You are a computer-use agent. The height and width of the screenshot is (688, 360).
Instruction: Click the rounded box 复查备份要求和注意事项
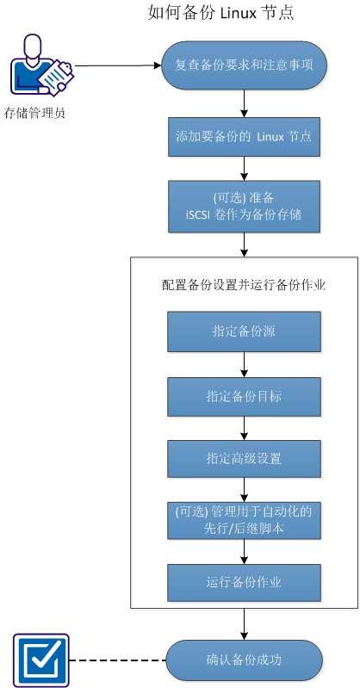pyautogui.click(x=244, y=65)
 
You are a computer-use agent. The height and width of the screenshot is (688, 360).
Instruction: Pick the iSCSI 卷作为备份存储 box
pyautogui.click(x=244, y=207)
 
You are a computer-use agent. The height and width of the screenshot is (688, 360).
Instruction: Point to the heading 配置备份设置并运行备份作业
pyautogui.click(x=244, y=285)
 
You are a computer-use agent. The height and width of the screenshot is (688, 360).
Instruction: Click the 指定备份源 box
pyautogui.click(x=244, y=332)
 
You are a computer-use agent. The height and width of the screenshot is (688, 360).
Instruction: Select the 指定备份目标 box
pyautogui.click(x=244, y=396)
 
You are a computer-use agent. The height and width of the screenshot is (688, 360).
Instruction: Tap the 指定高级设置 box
pyautogui.click(x=244, y=459)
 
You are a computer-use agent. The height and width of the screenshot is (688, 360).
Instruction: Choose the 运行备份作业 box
pyautogui.click(x=244, y=583)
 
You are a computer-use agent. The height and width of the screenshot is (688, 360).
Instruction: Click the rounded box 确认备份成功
pyautogui.click(x=244, y=661)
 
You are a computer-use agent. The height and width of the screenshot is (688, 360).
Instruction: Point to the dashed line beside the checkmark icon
pyautogui.click(x=116, y=661)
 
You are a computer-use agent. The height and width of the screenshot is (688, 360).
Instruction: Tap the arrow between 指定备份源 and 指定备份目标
pyautogui.click(x=245, y=364)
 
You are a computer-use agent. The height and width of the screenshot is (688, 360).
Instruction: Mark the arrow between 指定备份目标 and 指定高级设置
pyautogui.click(x=245, y=428)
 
